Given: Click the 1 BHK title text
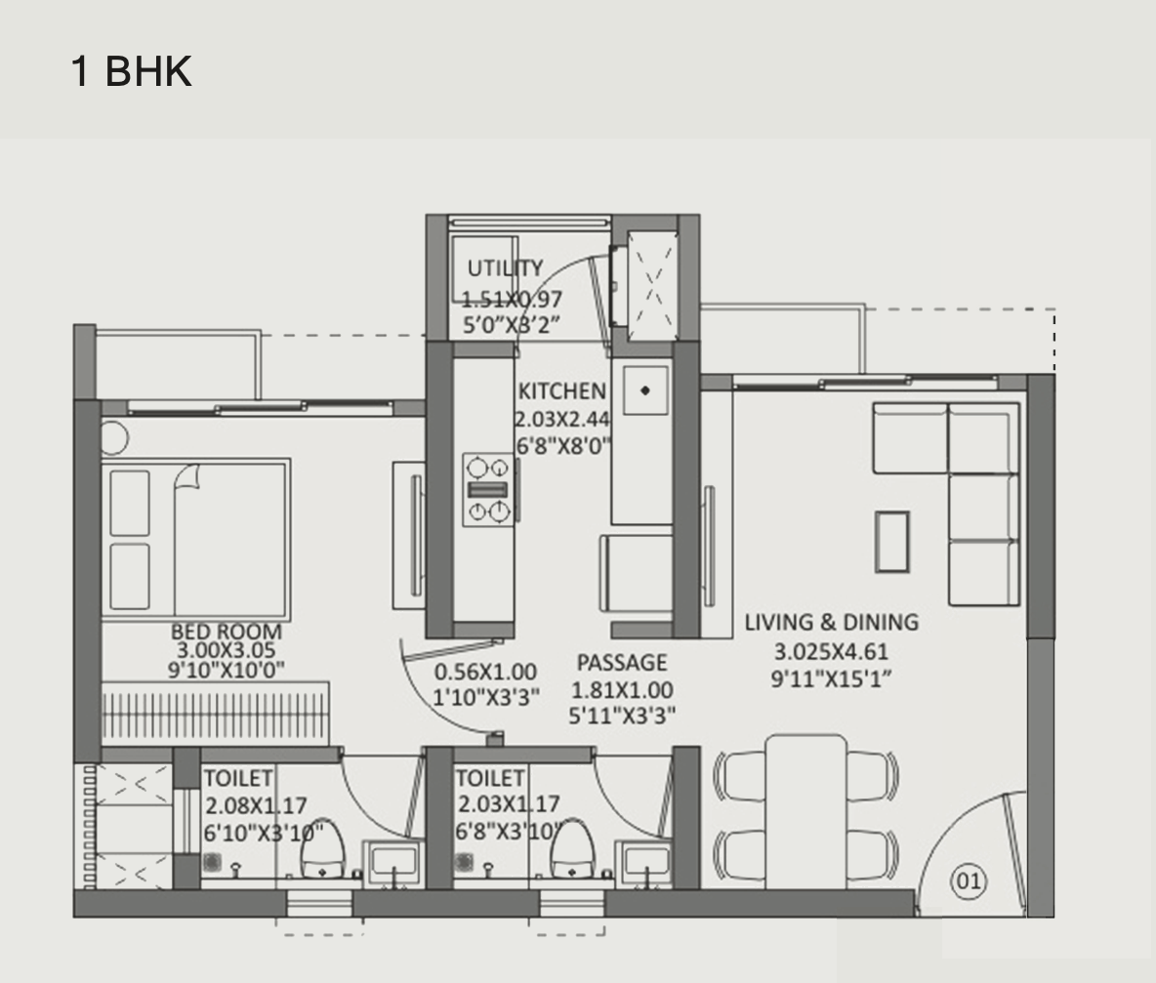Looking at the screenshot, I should pyautogui.click(x=131, y=72).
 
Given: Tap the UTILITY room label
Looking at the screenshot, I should pyautogui.click(x=505, y=268).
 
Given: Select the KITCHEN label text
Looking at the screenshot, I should pyautogui.click(x=561, y=391).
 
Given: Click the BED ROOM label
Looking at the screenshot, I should pyautogui.click(x=227, y=632).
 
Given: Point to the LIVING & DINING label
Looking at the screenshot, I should pyautogui.click(x=831, y=622).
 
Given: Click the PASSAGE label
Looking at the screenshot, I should pyautogui.click(x=622, y=664).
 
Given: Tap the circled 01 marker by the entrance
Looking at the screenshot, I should pyautogui.click(x=968, y=881).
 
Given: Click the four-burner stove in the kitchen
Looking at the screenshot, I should pyautogui.click(x=487, y=490).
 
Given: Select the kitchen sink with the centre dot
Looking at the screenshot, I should pyautogui.click(x=645, y=390).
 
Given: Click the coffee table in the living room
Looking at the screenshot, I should pyautogui.click(x=891, y=542).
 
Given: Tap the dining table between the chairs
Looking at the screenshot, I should pyautogui.click(x=805, y=810).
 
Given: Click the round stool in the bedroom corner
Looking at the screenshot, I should pyautogui.click(x=112, y=438).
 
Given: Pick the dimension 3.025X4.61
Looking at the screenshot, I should pyautogui.click(x=831, y=652).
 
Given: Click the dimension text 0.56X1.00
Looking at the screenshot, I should pyautogui.click(x=485, y=672).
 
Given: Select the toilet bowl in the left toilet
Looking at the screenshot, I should pyautogui.click(x=321, y=851).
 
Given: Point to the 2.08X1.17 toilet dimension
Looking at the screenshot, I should pyautogui.click(x=256, y=806).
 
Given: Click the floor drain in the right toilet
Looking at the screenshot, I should pyautogui.click(x=465, y=862).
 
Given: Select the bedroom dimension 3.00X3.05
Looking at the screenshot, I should pyautogui.click(x=227, y=650).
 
